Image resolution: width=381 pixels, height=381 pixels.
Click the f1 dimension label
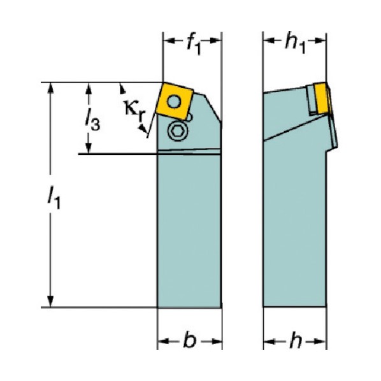pos(194,45)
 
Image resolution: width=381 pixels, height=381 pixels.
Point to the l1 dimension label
pos(54,198)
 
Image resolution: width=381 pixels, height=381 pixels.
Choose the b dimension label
pos(189,341)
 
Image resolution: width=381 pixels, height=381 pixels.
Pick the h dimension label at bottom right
pos(295,341)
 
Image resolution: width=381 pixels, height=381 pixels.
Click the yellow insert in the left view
pos(175,101)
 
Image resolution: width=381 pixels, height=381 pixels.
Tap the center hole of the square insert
pos(174,101)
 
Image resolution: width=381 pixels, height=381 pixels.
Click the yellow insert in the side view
pos(320,98)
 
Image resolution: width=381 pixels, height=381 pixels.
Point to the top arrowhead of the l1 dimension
pos(50,88)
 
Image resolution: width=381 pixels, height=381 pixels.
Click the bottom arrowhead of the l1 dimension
pos(50,301)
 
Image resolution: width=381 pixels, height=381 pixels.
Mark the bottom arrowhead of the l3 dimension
pos(89,148)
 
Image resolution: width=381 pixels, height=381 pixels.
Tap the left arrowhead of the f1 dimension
pos(169,41)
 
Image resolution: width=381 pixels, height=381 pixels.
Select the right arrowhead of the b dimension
pos(216,341)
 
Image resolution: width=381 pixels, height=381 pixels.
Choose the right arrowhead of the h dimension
pos(320,341)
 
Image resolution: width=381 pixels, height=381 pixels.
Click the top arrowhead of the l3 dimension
pos(89,88)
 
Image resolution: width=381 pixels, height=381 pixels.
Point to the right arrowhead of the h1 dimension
pos(320,41)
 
